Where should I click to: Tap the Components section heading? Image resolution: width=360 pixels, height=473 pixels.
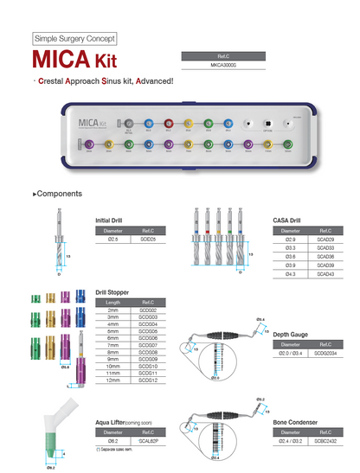point(58,194)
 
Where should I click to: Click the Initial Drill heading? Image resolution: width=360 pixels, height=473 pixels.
point(109,221)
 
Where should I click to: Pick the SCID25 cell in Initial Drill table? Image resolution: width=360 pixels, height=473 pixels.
point(148,239)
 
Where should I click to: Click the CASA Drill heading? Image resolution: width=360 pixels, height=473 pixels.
point(286,221)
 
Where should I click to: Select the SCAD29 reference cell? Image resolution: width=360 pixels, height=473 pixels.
point(325,239)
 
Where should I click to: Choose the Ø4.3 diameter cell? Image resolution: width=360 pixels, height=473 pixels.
point(289,274)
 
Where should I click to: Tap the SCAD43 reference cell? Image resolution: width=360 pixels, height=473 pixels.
point(325,274)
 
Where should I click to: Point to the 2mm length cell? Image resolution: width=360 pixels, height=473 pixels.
point(112,309)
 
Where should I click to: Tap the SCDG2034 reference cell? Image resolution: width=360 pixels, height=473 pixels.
point(325,353)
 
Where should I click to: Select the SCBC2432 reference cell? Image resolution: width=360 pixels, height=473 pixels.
point(325,440)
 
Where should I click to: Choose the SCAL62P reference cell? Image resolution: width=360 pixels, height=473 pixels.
point(148,440)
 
